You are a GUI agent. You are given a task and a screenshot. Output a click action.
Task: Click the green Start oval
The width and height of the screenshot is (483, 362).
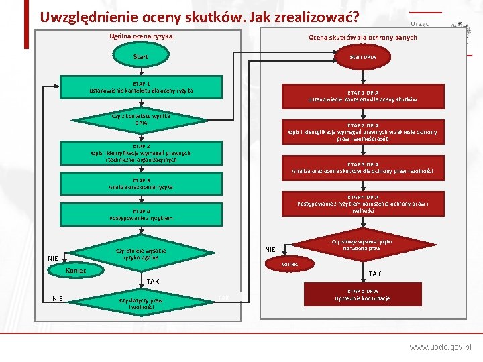pos(141,57)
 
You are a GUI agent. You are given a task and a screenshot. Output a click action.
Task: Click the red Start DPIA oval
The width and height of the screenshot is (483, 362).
pos(363,58)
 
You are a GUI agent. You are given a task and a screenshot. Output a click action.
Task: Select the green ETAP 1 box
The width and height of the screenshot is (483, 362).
pos(141,86)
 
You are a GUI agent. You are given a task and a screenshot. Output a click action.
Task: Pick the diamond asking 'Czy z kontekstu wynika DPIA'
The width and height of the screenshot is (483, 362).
pos(141,120)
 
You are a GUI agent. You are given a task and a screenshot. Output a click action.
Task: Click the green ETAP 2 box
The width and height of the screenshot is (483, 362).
pos(141,153)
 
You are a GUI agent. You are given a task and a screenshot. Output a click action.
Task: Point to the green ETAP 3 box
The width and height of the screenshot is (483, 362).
pos(141,184)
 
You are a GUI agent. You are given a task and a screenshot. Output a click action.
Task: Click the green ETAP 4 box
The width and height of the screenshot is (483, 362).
pos(141,215)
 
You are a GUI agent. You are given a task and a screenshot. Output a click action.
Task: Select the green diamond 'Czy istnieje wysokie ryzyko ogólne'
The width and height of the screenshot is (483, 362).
pos(140,253)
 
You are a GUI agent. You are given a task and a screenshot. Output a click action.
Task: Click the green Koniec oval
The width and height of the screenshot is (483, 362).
pos(75,270)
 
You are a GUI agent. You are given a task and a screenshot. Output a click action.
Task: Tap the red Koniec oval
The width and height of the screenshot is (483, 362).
pos(290,265)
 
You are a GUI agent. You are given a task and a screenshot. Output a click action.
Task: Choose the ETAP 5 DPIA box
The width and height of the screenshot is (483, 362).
pos(363,295)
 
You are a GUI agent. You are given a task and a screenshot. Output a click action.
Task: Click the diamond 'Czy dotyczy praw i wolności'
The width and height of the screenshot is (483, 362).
pos(141,303)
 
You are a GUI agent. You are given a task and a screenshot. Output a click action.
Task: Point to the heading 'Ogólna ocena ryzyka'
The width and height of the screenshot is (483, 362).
pos(141,36)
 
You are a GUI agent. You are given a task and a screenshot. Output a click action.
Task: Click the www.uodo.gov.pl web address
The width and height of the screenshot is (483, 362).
pos(440,347)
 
